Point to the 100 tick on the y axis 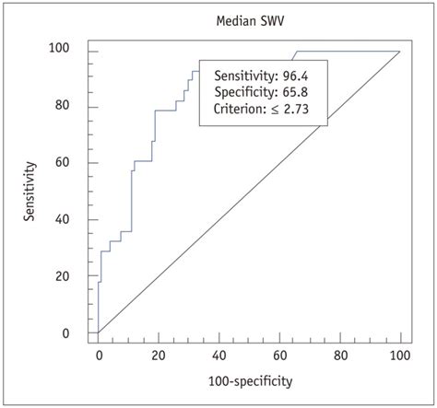[72, 51]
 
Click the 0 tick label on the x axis [99, 352]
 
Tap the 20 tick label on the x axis [159, 352]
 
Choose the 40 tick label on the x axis [219, 352]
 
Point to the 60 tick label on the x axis [279, 352]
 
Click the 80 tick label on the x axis [340, 352]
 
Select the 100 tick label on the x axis [399, 352]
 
